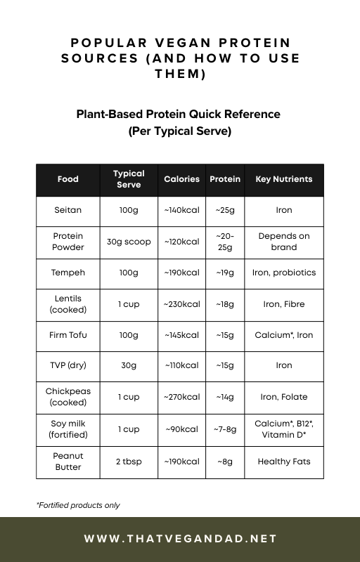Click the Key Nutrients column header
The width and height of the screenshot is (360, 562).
coord(283,179)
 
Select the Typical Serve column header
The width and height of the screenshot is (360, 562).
coord(129,179)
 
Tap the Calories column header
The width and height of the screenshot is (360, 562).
coord(181,179)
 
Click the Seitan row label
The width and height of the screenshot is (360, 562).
coord(67,210)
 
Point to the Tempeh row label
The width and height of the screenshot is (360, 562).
coord(67,273)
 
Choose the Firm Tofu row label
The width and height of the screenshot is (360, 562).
coord(67,335)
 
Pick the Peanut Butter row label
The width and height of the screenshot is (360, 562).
coord(67,462)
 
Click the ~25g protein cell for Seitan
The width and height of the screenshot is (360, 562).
coord(225,210)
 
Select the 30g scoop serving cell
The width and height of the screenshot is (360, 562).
coord(129,242)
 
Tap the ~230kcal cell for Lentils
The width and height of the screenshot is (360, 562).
coord(181,304)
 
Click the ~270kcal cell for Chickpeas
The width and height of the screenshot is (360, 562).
coord(181,397)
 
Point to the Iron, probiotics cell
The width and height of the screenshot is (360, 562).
coord(283,273)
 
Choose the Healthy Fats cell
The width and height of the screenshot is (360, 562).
coord(283,462)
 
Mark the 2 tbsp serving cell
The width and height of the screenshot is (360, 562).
coord(129,462)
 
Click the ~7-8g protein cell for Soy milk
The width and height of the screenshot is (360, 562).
coord(225,429)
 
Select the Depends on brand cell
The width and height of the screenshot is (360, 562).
coord(283,242)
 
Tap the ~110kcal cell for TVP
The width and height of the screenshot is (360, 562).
coord(181,365)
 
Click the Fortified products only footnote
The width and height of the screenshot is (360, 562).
coord(77,505)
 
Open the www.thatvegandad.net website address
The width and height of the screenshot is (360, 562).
coord(180,539)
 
